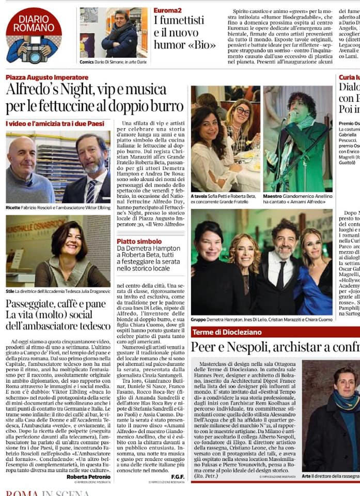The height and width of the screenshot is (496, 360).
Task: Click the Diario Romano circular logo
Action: [x=34, y=35]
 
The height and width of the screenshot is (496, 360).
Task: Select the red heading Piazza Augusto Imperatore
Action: [x=47, y=78]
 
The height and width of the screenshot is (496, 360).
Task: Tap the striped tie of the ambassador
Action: [x=91, y=191]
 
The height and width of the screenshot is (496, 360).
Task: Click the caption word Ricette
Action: [x=13, y=208]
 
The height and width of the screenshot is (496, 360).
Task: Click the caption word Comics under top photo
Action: [x=87, y=62]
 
